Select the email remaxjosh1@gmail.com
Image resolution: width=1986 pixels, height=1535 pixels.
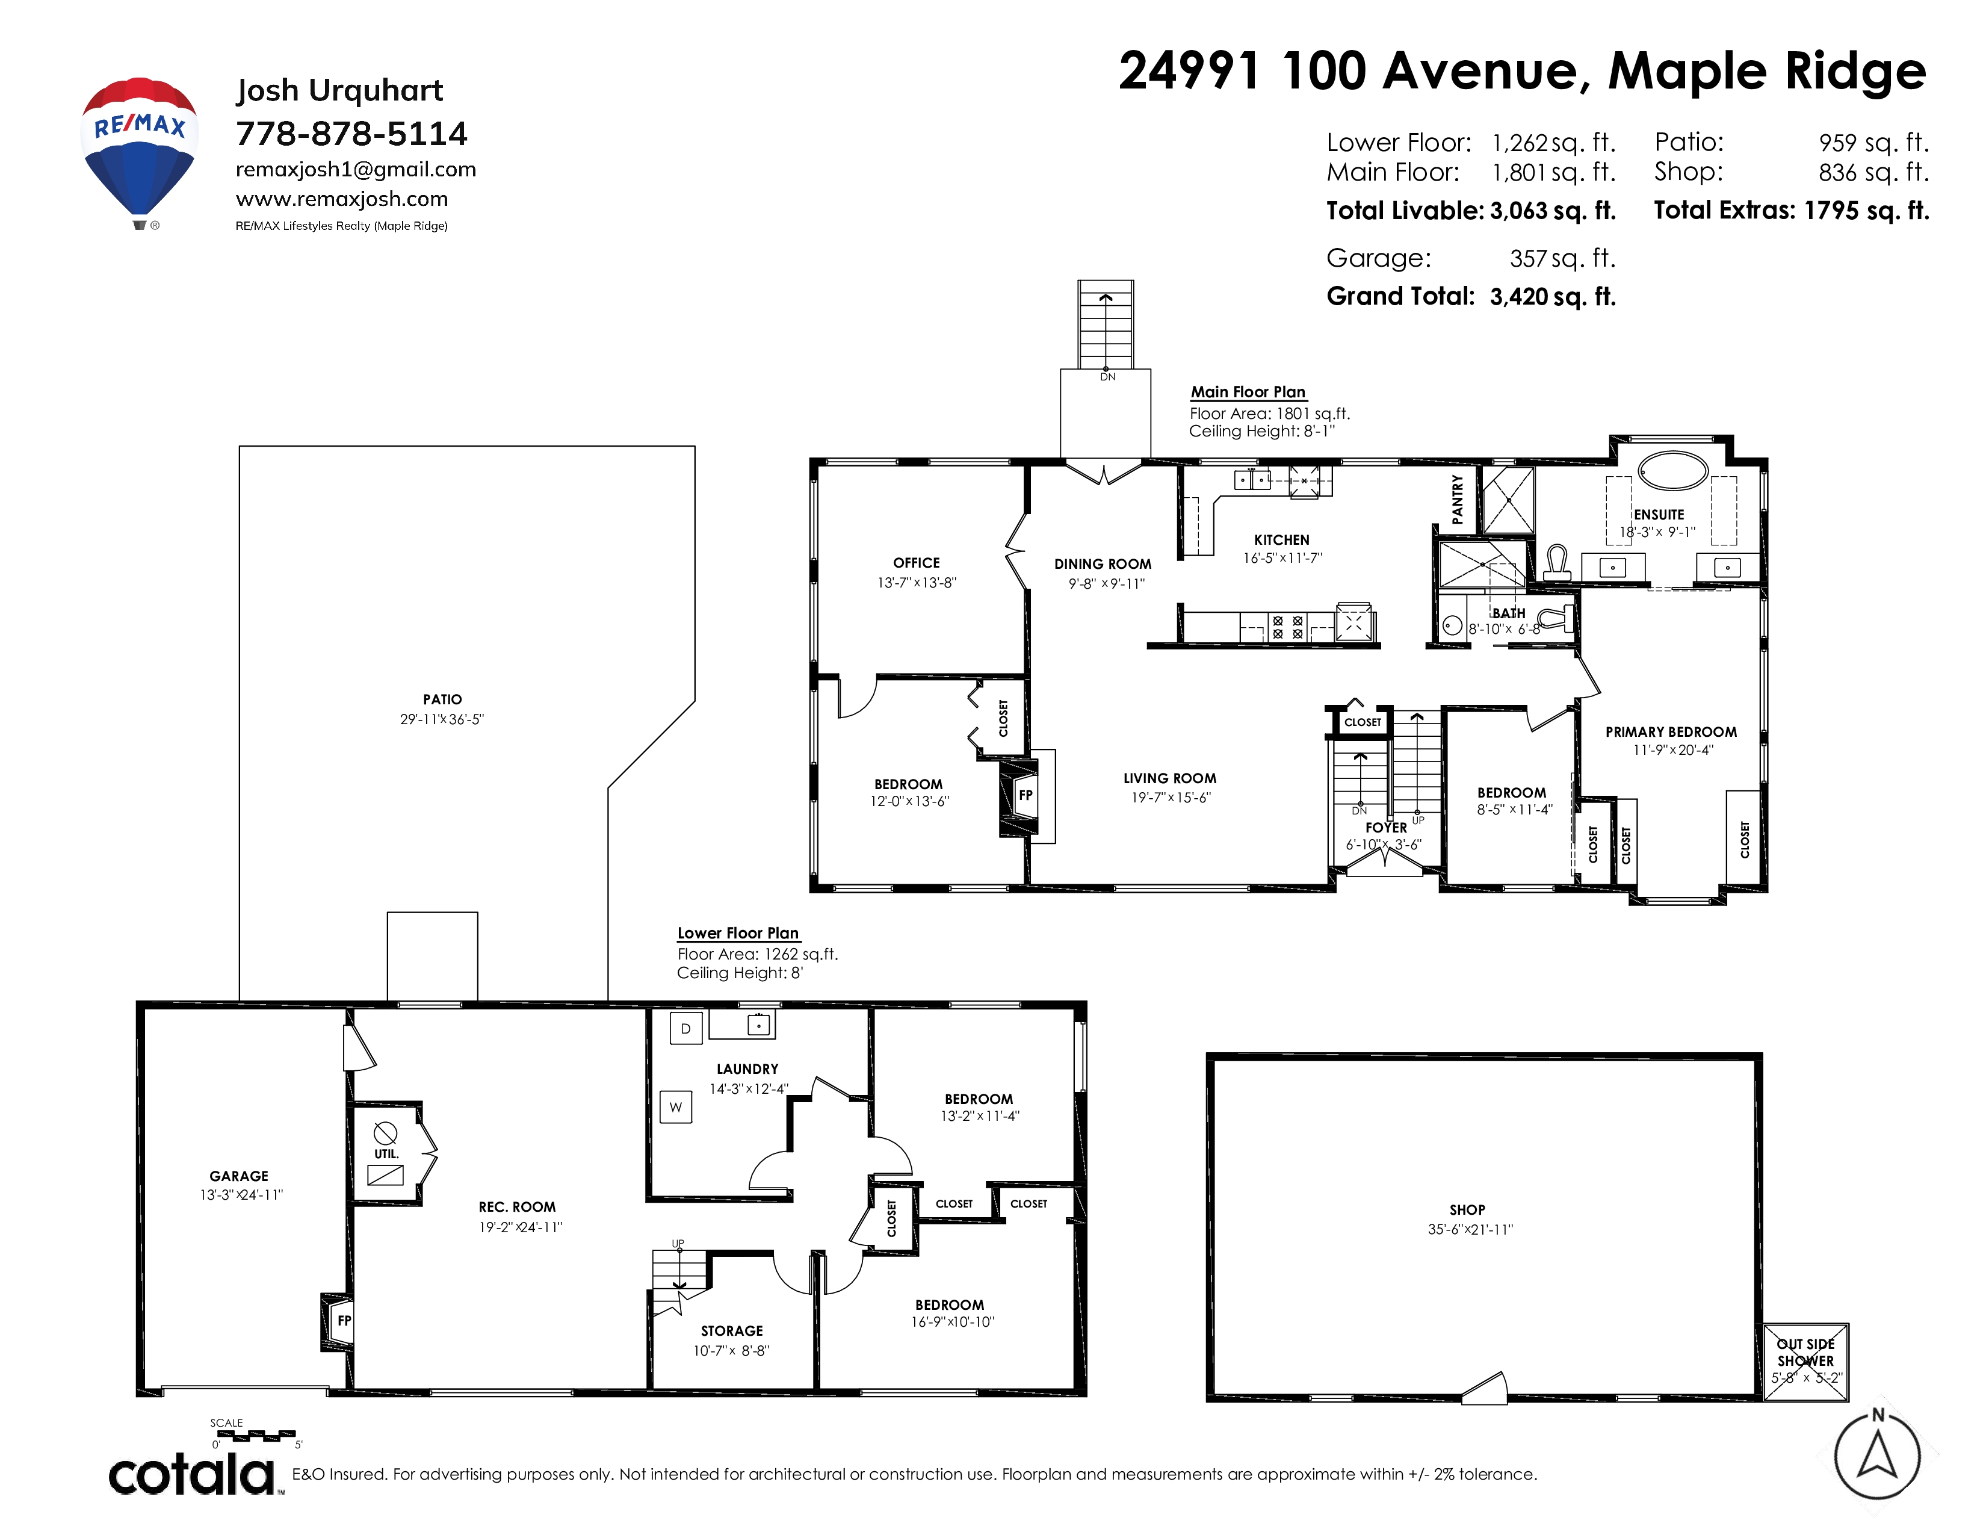pyautogui.click(x=356, y=169)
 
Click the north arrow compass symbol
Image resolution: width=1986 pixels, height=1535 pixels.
pyautogui.click(x=1877, y=1456)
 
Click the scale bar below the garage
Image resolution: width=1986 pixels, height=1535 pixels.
pyautogui.click(x=256, y=1436)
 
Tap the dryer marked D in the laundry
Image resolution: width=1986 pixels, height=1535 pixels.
pyautogui.click(x=685, y=1029)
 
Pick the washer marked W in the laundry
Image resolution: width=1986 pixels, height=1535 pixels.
pyautogui.click(x=676, y=1106)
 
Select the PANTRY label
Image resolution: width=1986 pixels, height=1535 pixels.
pyautogui.click(x=1458, y=498)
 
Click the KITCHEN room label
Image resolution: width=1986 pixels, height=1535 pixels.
pyautogui.click(x=1281, y=540)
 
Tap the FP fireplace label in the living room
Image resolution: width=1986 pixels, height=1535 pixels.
pyautogui.click(x=1025, y=795)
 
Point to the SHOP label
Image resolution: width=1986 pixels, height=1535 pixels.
pyautogui.click(x=1468, y=1209)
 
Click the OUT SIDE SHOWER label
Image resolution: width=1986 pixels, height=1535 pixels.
pyautogui.click(x=1806, y=1352)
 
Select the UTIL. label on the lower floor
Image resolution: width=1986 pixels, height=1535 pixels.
pyautogui.click(x=386, y=1154)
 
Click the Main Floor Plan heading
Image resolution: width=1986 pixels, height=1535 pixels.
pyautogui.click(x=1249, y=392)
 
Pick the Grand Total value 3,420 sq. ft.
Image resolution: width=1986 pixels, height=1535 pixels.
pyautogui.click(x=1553, y=296)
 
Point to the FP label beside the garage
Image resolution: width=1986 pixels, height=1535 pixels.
pyautogui.click(x=344, y=1320)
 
